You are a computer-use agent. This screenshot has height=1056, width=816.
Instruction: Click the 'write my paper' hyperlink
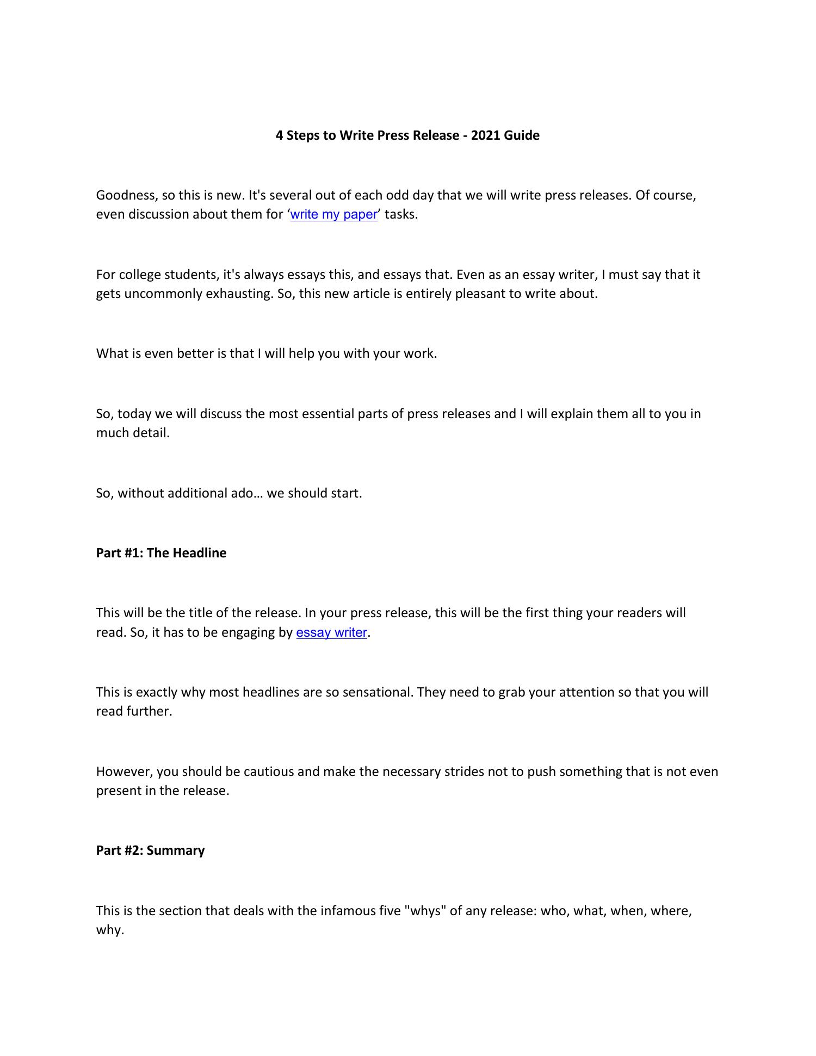point(333,214)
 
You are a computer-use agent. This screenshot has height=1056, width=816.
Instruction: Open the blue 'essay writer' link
point(331,632)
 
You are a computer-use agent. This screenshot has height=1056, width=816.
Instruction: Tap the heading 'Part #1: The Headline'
point(161,553)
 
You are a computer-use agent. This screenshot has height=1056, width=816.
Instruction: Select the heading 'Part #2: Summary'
point(150,850)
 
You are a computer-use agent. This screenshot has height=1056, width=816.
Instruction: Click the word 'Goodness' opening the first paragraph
point(126,195)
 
